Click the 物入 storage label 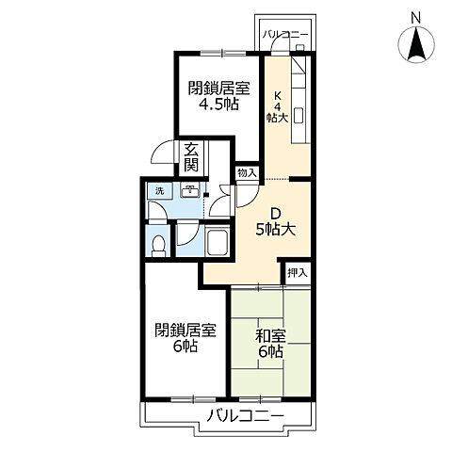247,173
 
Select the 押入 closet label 298,273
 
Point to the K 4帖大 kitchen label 277,106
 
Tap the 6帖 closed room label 186,338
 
